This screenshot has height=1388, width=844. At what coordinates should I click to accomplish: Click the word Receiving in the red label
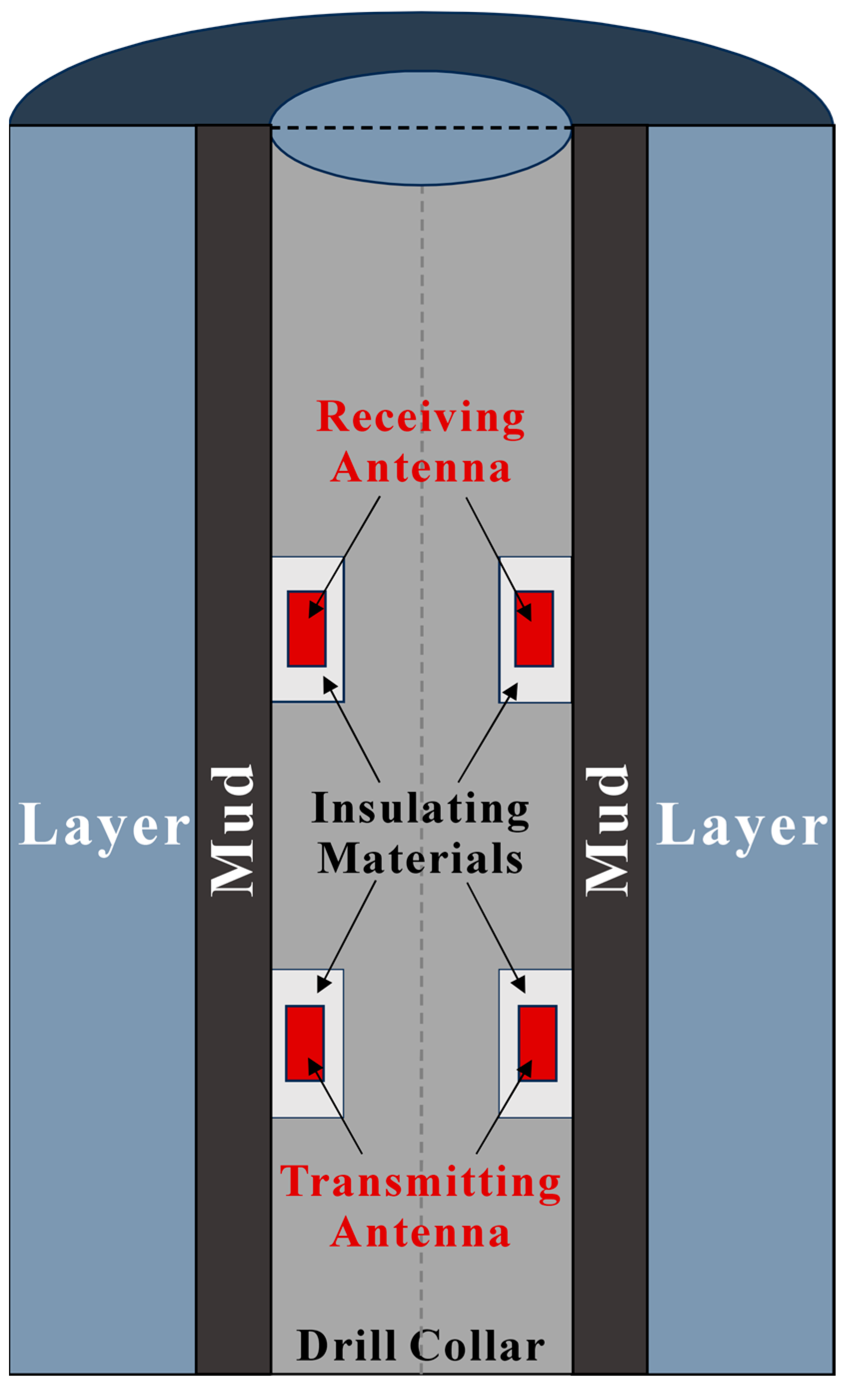tap(420, 418)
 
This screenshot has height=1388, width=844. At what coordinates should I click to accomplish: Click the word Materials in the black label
tap(420, 860)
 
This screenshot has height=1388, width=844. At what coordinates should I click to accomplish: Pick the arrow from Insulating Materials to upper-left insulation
tap(352, 730)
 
